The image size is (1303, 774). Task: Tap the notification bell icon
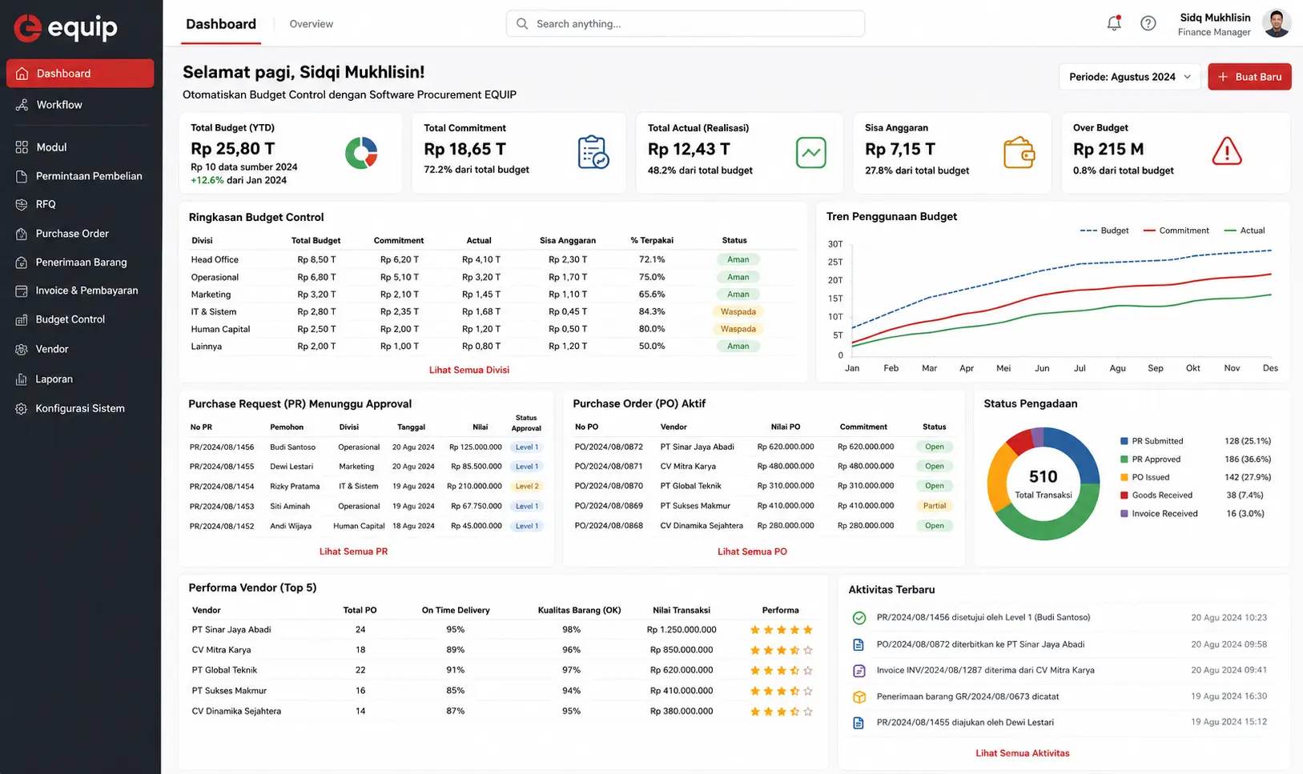[1113, 23]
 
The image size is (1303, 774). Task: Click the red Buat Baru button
[1249, 77]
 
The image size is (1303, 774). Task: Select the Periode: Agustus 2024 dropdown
[1130, 77]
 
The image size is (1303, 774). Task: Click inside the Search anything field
[686, 24]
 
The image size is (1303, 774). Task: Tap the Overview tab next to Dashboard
[312, 24]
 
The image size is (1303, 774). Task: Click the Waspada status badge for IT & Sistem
[738, 311]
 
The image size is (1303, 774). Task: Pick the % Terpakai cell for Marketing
[652, 295]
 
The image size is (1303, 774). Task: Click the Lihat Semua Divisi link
[469, 370]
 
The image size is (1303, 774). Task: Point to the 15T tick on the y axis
[835, 299]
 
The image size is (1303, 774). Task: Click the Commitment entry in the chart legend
[1176, 231]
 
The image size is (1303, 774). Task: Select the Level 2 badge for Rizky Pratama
[526, 486]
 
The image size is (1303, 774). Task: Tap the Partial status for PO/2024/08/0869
[935, 506]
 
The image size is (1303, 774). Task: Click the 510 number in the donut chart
[1043, 477]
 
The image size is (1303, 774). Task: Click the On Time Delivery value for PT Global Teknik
[455, 670]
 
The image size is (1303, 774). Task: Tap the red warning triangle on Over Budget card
[1227, 151]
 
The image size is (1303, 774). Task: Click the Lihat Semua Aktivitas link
[1022, 753]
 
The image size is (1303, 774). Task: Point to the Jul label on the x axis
[1079, 368]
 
